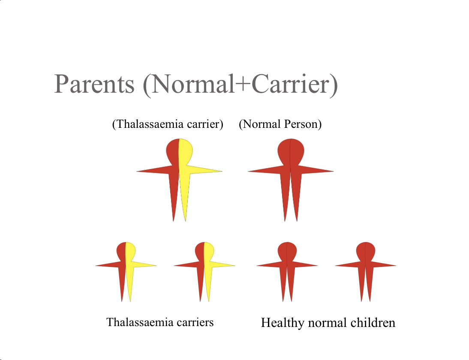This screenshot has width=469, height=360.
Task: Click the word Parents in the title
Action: tap(94, 85)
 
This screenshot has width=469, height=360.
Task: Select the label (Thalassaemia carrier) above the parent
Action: tap(168, 124)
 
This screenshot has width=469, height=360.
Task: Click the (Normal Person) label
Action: tap(280, 124)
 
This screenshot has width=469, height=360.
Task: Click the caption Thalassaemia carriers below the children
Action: tap(160, 322)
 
